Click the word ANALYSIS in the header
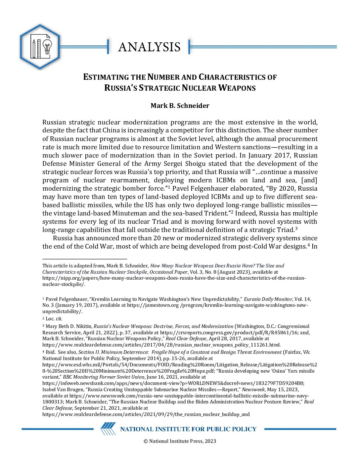coord(149,47)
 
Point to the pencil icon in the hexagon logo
coord(33,49)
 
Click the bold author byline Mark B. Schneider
coord(180,106)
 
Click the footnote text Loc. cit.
coord(54,319)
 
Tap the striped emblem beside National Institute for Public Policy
coord(108,429)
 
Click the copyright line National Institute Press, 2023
coord(180,441)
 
